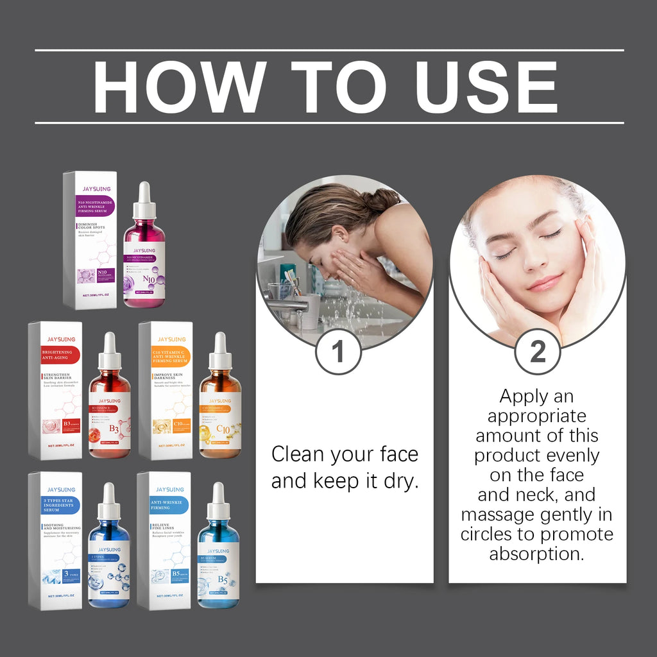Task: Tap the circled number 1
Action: tap(338, 352)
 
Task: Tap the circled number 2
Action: tap(538, 352)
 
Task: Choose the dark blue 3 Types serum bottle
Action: tap(108, 558)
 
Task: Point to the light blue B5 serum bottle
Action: tap(218, 558)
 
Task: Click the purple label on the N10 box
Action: tap(95, 205)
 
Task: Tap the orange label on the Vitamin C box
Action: tap(171, 355)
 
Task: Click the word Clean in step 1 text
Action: tap(299, 454)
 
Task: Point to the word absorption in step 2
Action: tap(537, 554)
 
